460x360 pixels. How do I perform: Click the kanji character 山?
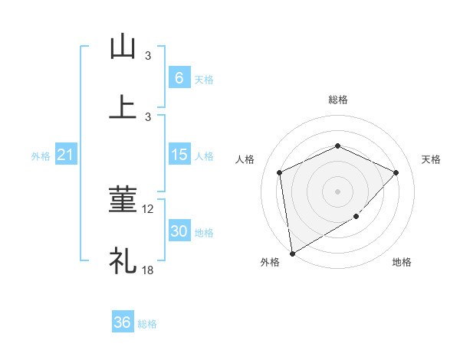(123, 47)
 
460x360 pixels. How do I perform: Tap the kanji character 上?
(123, 107)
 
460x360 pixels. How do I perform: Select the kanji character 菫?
(123, 200)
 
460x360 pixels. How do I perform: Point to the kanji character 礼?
(123, 260)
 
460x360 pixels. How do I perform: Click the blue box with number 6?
(179, 77)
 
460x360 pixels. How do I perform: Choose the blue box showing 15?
(179, 155)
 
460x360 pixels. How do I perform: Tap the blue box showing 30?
(179, 231)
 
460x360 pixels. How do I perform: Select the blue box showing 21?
(65, 155)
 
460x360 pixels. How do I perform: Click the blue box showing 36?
(123, 322)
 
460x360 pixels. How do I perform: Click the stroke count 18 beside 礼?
(149, 270)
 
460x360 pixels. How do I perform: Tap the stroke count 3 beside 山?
(148, 56)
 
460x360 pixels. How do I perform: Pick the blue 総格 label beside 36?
(147, 324)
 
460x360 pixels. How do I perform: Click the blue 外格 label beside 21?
(41, 156)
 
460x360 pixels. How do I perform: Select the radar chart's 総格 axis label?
(338, 100)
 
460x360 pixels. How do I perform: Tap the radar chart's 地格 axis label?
(402, 263)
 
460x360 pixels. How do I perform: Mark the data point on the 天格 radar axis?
(396, 172)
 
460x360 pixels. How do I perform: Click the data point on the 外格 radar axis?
(291, 253)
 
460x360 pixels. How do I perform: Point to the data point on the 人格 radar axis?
(280, 172)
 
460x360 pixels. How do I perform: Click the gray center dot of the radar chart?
(338, 191)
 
